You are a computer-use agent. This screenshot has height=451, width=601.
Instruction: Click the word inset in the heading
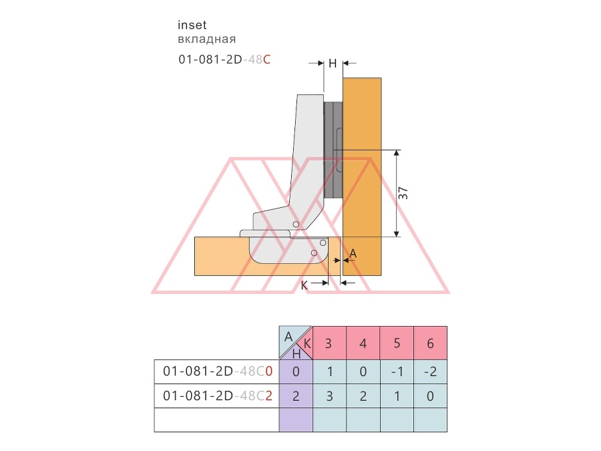pos(192,25)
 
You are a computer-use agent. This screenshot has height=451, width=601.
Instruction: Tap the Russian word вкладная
pos(206,39)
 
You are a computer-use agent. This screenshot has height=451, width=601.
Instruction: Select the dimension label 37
pos(403,193)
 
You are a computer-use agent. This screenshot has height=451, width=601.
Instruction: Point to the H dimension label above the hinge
pos(333,63)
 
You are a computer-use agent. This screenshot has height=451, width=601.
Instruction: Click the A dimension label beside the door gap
pos(353,253)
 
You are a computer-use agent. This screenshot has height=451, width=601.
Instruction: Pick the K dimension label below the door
pos(304,285)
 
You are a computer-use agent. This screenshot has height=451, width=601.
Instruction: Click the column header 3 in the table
pos(329,343)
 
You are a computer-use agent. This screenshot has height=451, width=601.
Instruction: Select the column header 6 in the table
pos(431,343)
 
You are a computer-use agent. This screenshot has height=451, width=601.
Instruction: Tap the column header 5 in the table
pos(397,343)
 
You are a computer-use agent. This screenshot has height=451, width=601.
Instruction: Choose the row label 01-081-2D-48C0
pos(217,371)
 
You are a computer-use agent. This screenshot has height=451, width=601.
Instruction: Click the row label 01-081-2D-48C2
pos(217,396)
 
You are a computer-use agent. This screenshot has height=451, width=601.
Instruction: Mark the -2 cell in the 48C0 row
pos(431,371)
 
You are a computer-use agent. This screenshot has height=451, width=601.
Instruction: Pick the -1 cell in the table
pos(397,371)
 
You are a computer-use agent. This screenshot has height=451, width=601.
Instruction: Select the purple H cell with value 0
pos(296,371)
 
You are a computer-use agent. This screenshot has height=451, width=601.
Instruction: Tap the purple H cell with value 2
pos(296,396)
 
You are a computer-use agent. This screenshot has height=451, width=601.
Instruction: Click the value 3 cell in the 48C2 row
pos(330,396)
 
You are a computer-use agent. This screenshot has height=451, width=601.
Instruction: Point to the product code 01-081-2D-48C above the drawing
pos(224,59)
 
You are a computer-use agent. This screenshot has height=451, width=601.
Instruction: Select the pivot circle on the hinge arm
pos(296,224)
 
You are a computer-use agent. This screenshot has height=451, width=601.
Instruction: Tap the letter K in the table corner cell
pos(307,343)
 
